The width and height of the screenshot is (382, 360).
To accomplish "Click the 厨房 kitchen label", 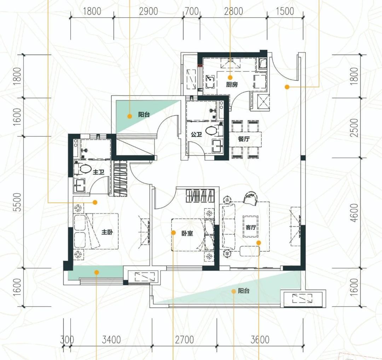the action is (232, 85).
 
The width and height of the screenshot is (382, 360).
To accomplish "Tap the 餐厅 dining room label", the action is (244, 139).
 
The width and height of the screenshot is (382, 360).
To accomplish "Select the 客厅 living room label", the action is (251, 227).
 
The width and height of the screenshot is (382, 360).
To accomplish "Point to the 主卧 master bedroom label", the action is (107, 232).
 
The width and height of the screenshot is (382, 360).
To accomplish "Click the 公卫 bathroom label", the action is (196, 134).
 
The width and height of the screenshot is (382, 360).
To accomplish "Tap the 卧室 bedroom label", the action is (187, 233).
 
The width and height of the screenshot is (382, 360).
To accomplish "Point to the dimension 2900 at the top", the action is (148, 11).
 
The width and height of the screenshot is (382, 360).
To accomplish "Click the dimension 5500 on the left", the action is (18, 202).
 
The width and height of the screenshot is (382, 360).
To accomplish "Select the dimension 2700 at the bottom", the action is (184, 339).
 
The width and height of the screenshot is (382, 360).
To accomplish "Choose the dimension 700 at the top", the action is (191, 11).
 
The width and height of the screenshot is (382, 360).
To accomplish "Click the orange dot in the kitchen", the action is (230, 78).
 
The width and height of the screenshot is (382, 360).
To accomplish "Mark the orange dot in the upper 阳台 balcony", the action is (130, 116).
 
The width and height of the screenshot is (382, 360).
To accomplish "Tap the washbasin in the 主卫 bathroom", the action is (80, 186).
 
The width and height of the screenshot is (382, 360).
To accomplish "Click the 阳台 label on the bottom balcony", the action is (244, 291).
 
